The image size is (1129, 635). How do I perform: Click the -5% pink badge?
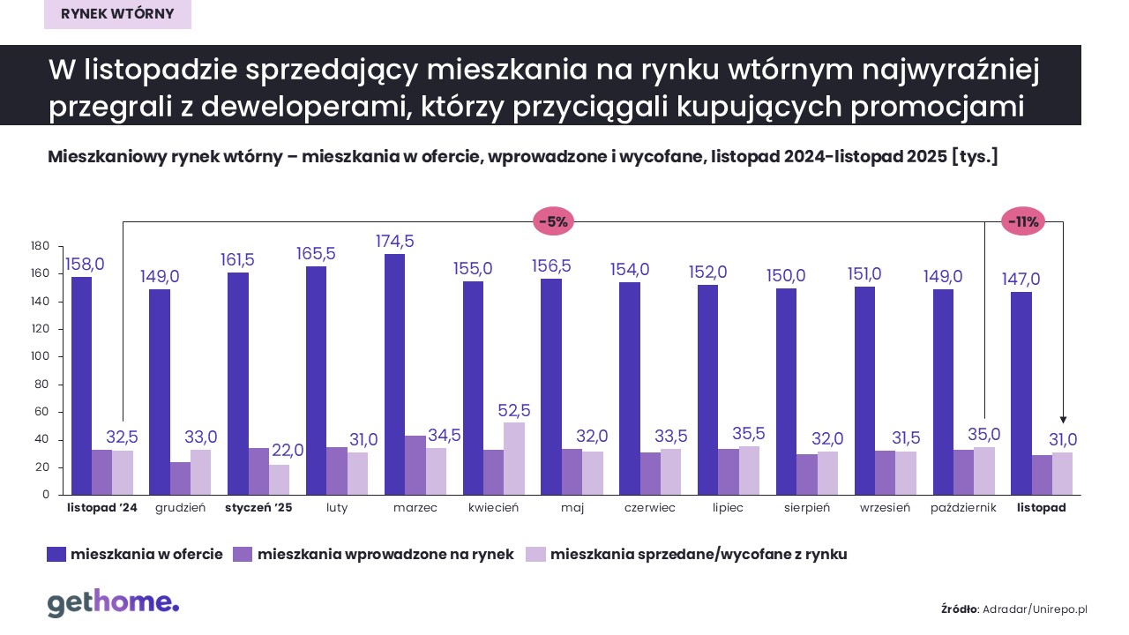pyautogui.click(x=553, y=221)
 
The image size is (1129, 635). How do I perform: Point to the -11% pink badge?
pyautogui.click(x=1023, y=221)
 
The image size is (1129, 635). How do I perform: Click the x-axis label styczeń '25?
pyautogui.click(x=258, y=508)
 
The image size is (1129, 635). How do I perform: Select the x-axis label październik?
pyautogui.click(x=962, y=508)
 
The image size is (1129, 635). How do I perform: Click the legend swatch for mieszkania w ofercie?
pyautogui.click(x=56, y=554)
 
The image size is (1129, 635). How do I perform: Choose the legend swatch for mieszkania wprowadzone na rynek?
pyautogui.click(x=243, y=554)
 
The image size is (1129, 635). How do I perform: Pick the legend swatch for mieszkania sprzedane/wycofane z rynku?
pyautogui.click(x=535, y=554)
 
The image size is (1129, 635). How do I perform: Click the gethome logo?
pyautogui.click(x=113, y=603)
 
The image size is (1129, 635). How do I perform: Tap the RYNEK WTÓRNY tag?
pyautogui.click(x=117, y=14)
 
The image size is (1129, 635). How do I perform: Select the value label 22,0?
pyautogui.click(x=287, y=451)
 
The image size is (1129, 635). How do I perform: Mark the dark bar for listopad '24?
pyautogui.click(x=81, y=385)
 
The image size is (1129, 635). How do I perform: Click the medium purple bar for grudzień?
pyautogui.click(x=180, y=478)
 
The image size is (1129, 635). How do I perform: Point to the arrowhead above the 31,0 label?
pyautogui.click(x=1063, y=421)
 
